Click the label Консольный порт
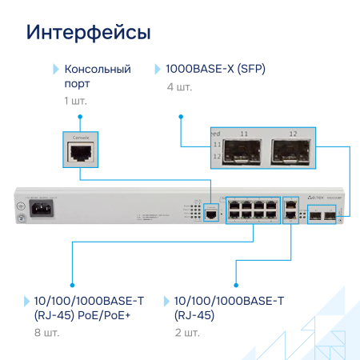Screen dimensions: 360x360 point(96,76)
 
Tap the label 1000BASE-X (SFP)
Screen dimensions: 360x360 point(215,69)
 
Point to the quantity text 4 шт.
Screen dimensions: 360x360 point(178,86)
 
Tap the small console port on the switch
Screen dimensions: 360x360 point(210,214)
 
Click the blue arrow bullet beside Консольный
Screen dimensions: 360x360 point(56,69)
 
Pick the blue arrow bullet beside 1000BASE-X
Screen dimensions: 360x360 point(158,69)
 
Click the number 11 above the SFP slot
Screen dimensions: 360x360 point(244,132)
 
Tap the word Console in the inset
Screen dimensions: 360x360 point(81,138)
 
